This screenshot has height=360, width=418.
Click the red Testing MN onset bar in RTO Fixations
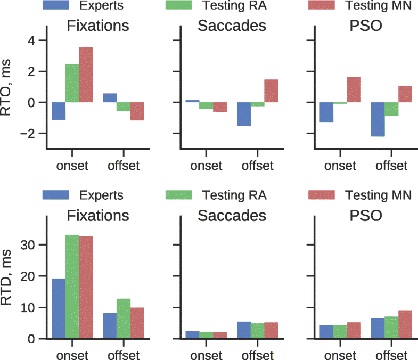tap(86, 75)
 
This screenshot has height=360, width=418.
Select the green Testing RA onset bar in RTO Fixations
tap(72, 83)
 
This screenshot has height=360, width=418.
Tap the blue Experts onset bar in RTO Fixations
tap(59, 111)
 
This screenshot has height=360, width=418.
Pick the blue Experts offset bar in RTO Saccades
tap(244, 114)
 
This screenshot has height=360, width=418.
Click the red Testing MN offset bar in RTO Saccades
tap(271, 91)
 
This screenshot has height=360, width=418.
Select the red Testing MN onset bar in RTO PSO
tap(354, 89)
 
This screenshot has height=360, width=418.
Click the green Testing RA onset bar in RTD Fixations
tap(72, 287)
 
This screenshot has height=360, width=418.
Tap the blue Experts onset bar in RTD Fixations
tap(59, 308)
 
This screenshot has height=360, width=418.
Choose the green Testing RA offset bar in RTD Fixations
tap(124, 318)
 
